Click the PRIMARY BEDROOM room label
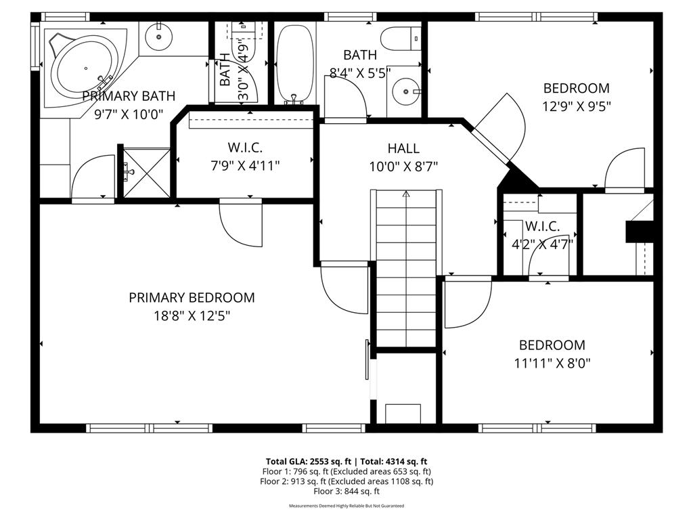pos(192,297)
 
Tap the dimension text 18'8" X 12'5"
pos(192,316)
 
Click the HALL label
pos(403,148)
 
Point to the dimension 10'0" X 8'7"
pos(403,167)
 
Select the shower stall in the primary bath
pos(145,173)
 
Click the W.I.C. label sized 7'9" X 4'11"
pos(244,147)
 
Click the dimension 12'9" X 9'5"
pos(576,106)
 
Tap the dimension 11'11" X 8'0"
pos(552,363)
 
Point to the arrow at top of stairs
pos(406,195)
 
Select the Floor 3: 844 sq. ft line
pos(346,492)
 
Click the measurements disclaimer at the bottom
pos(346,506)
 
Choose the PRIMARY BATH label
pos(129,96)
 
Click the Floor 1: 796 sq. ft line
pos(346,471)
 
